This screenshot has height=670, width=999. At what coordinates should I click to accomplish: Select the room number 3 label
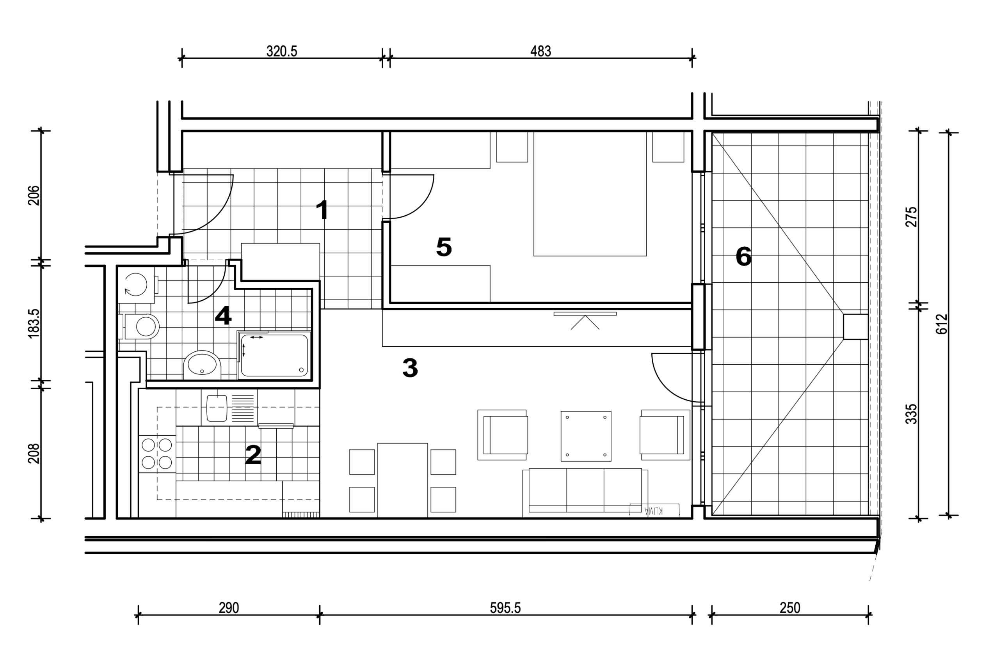coord(410,367)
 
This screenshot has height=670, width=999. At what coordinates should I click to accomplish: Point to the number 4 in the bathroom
coord(223,316)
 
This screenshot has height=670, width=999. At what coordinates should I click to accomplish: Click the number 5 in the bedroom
coord(444,247)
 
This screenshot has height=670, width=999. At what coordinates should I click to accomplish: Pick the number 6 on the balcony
coord(743,256)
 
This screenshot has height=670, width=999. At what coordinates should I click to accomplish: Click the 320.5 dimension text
coord(282,51)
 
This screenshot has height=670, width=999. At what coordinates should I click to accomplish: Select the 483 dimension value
coord(541,51)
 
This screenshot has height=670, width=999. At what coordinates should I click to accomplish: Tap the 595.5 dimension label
coord(505,608)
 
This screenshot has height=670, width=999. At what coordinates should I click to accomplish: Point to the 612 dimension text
coord(941,324)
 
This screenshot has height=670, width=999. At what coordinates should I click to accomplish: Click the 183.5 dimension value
coord(34,323)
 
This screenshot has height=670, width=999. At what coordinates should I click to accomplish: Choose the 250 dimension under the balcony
coord(790,608)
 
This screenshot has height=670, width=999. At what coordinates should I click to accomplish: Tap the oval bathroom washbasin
coord(202,364)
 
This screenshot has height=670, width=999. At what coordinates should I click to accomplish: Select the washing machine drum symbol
coord(136,285)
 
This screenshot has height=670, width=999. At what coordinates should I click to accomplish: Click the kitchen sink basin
coord(217,408)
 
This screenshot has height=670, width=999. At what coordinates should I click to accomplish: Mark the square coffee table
coord(586,436)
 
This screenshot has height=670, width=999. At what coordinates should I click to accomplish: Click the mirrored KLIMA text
coord(654,510)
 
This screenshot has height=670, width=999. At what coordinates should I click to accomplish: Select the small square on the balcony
coord(855,327)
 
